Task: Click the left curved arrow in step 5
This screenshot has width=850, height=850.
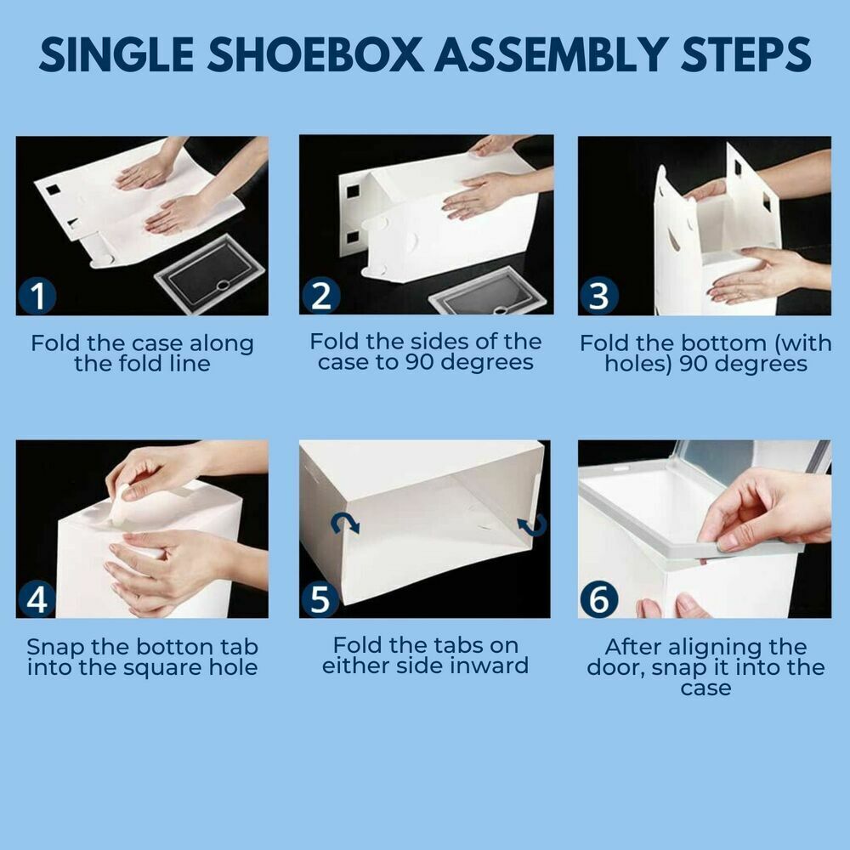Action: (346, 522)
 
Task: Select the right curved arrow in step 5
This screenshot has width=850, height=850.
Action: (535, 526)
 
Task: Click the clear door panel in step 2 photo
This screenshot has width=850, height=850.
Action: (489, 292)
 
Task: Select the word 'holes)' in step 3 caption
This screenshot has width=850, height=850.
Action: (639, 365)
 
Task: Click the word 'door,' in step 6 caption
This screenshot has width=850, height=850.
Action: (616, 667)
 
